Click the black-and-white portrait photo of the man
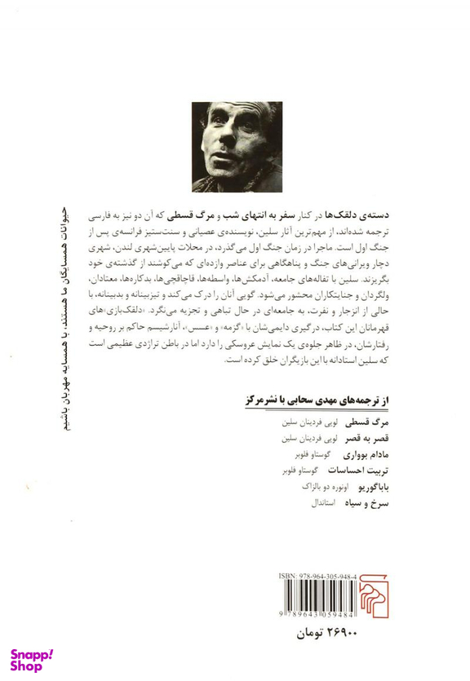(236, 146)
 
